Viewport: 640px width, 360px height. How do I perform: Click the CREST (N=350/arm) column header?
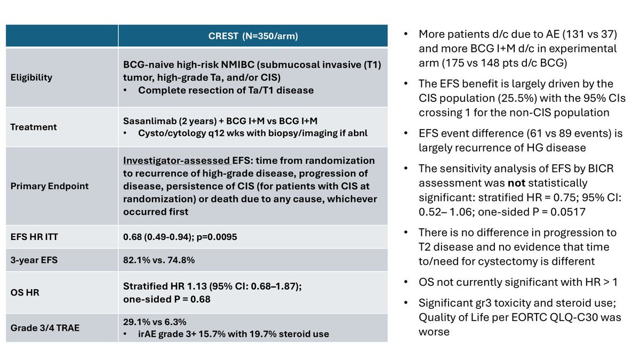click(253, 36)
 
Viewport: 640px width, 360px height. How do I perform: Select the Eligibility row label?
click(31, 77)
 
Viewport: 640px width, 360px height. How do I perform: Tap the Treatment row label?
click(34, 127)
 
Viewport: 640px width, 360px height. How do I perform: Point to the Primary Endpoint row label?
click(50, 186)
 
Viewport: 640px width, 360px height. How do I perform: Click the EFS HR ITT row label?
click(34, 237)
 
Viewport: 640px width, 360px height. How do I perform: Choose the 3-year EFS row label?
click(34, 260)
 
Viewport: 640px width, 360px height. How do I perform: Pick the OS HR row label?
click(25, 292)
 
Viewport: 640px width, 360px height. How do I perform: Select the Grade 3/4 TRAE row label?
click(45, 327)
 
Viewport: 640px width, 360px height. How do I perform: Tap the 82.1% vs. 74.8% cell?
click(159, 260)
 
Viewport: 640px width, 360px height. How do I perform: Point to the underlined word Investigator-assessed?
click(177, 161)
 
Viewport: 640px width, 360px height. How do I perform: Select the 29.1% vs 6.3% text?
click(155, 322)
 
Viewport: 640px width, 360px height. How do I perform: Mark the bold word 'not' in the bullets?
click(516, 183)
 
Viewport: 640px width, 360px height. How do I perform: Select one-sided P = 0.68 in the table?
click(166, 299)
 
